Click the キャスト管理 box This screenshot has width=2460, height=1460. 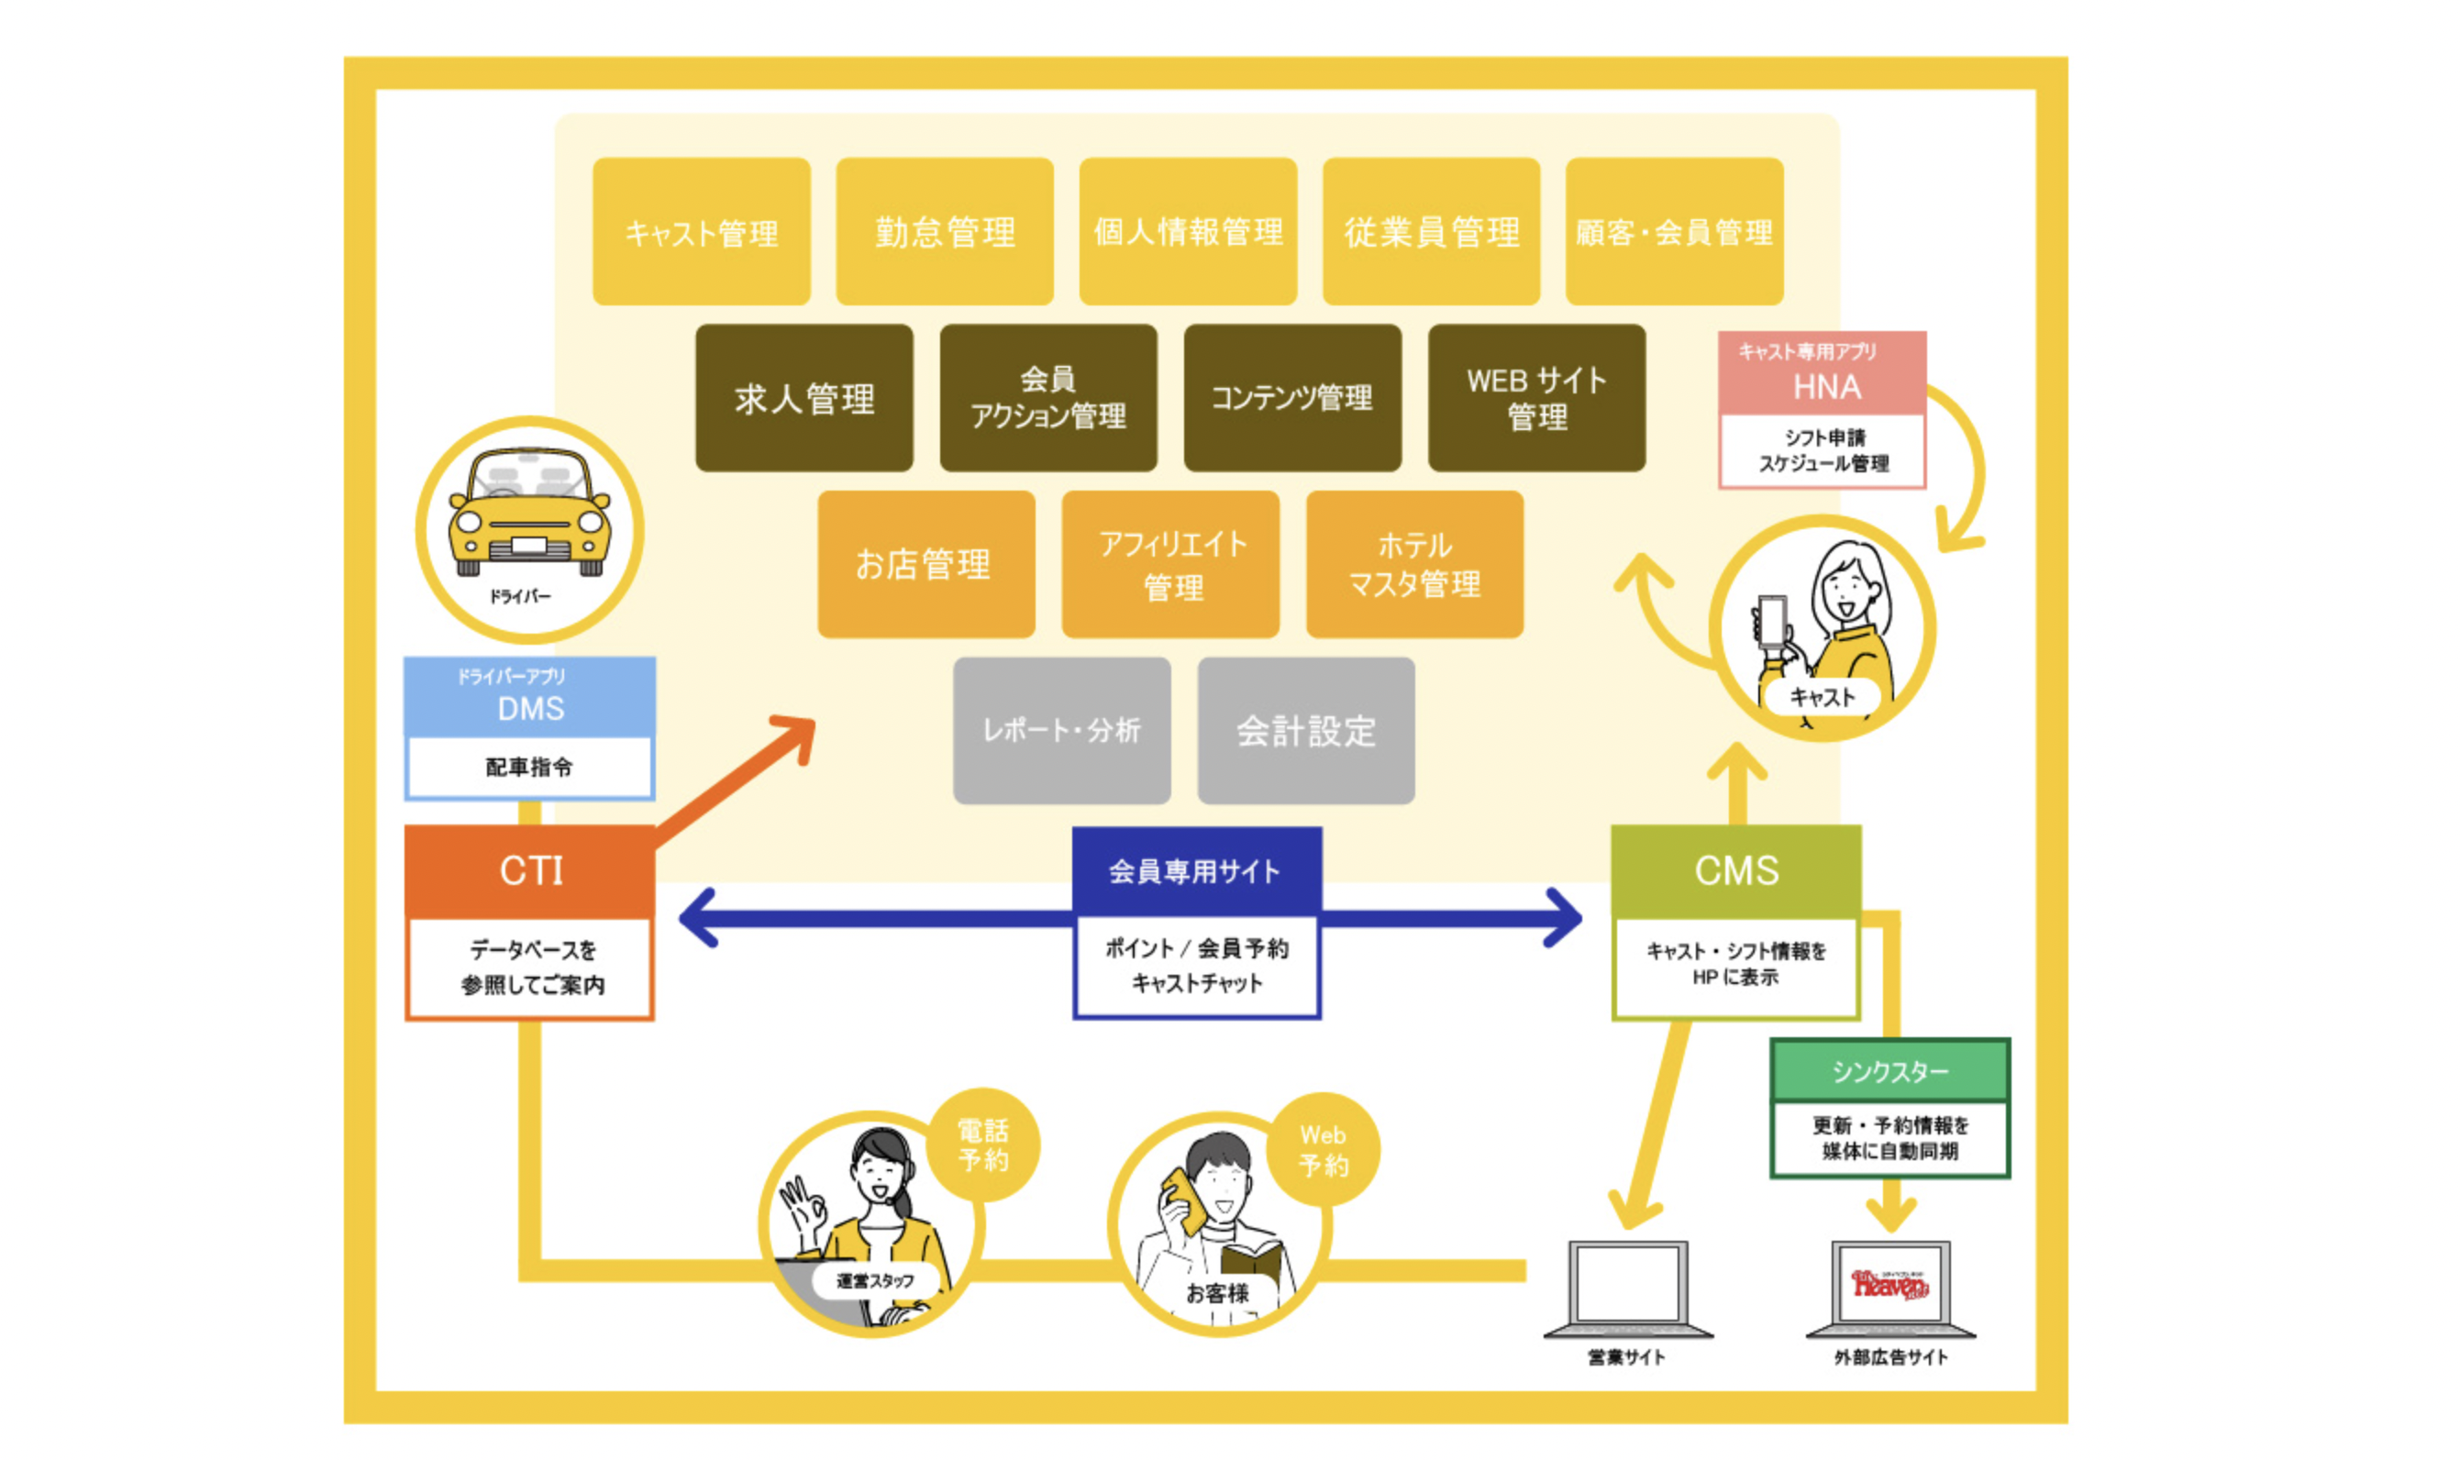tap(702, 232)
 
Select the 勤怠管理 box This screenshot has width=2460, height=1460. tap(945, 232)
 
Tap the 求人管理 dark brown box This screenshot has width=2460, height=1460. tap(803, 398)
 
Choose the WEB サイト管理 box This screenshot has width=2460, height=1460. tap(1536, 398)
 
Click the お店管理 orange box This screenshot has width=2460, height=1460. tap(926, 565)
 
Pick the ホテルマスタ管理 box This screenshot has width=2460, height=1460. tap(1414, 565)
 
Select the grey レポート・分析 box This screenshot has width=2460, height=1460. tap(1062, 731)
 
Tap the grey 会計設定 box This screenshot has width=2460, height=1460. tap(1306, 731)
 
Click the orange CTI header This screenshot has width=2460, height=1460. tap(530, 870)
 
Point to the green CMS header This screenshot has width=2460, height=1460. tap(1735, 870)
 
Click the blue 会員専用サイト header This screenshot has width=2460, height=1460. tap(1195, 870)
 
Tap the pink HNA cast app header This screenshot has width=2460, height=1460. tap(1823, 374)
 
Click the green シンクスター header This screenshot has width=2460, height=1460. tap(1889, 1070)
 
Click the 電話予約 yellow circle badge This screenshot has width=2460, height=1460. tap(983, 1145)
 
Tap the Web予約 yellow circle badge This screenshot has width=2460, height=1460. tap(1324, 1150)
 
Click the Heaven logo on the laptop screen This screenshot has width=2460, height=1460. tap(1890, 1284)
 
